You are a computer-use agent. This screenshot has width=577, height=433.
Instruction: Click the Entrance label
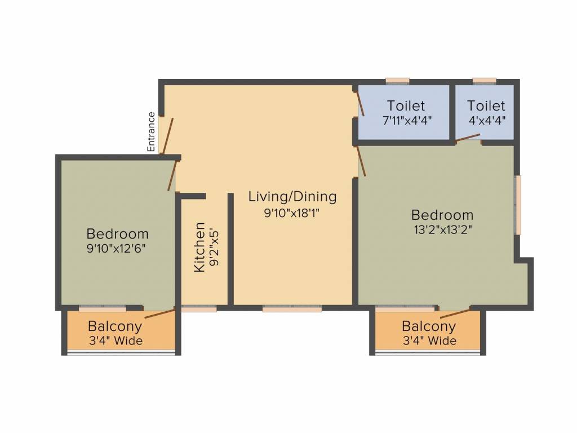[x=151, y=132]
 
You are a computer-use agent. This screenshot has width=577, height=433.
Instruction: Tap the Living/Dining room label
[x=292, y=196]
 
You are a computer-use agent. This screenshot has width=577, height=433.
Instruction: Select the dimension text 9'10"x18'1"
[x=292, y=213]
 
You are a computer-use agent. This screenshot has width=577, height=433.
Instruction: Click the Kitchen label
[x=199, y=247]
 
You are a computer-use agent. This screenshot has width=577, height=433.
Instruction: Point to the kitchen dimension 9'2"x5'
[x=214, y=248]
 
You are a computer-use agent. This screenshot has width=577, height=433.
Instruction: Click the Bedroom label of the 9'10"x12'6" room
[x=118, y=234]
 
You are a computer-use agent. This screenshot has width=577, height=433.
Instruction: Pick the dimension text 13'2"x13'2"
[x=443, y=230]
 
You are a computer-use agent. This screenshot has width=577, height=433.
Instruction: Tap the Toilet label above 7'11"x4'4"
[x=406, y=105]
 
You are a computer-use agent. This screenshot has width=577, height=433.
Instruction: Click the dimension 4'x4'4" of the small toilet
[x=487, y=121]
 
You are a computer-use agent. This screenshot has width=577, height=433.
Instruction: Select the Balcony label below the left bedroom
[x=115, y=326]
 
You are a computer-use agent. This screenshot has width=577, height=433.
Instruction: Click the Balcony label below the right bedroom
[x=429, y=326]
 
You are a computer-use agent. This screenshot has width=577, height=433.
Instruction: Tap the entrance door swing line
[x=168, y=136]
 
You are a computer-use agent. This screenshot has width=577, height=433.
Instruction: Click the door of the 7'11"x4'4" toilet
[x=359, y=104]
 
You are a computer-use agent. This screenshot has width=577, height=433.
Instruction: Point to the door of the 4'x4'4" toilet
[x=468, y=138]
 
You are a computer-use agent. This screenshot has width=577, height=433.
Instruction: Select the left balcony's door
[x=159, y=313]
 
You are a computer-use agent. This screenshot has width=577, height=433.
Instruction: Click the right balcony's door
[x=455, y=313]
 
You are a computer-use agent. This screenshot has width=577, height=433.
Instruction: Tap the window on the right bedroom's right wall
[x=518, y=205]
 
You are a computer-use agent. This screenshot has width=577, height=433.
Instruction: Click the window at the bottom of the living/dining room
[x=292, y=309]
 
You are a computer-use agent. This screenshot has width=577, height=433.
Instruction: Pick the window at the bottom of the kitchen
[x=199, y=309]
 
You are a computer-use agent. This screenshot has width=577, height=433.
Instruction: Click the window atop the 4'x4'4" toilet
[x=484, y=81]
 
